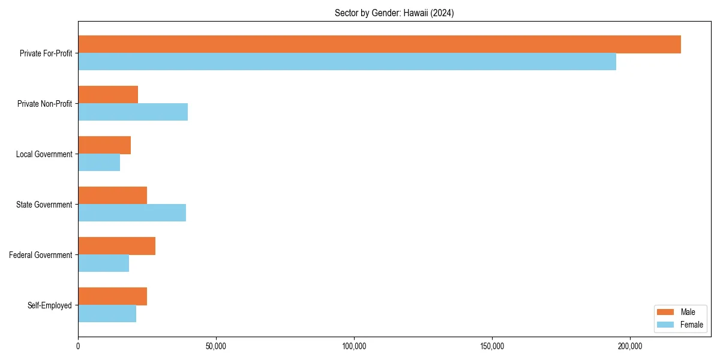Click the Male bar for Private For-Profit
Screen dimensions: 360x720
[379, 44]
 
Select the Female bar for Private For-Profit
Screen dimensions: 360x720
[347, 62]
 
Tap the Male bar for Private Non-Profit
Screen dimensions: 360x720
[108, 95]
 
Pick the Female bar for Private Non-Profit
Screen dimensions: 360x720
[133, 112]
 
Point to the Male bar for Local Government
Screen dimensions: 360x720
[104, 145]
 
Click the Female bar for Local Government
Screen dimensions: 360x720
[99, 163]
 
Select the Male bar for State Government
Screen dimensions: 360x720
[112, 196]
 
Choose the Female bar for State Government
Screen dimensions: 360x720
[132, 213]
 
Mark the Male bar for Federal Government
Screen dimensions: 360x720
[116, 246]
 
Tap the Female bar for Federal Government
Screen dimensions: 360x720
[103, 263]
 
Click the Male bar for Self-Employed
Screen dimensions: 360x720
[112, 296]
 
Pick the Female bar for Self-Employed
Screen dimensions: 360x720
[107, 314]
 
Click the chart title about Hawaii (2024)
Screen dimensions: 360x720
[394, 13]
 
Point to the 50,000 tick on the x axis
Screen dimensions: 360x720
[216, 346]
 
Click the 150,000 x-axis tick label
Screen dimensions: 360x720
[492, 346]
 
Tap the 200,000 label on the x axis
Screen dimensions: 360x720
[630, 346]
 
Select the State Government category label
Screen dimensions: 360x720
[44, 205]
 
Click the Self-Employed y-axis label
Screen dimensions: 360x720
[49, 305]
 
